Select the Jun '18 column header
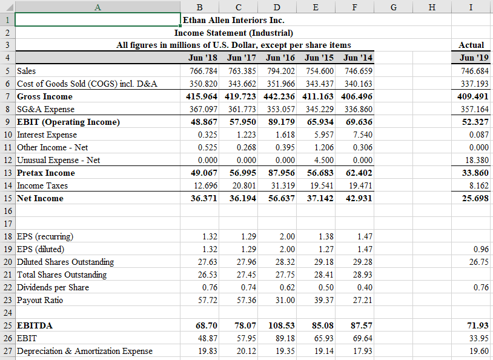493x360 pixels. (203, 58)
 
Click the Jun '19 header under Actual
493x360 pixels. (472, 58)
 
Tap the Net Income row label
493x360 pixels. (41, 198)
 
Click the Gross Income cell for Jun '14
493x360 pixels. (357, 96)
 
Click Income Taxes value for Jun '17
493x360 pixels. (242, 185)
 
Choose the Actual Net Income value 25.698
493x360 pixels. (473, 198)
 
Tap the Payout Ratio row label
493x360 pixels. (41, 300)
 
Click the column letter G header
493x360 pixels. (394, 6)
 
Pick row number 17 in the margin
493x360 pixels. (7, 224)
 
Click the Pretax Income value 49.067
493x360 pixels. (203, 173)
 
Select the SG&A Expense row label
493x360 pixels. (46, 109)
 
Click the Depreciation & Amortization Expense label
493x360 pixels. (85, 351)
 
